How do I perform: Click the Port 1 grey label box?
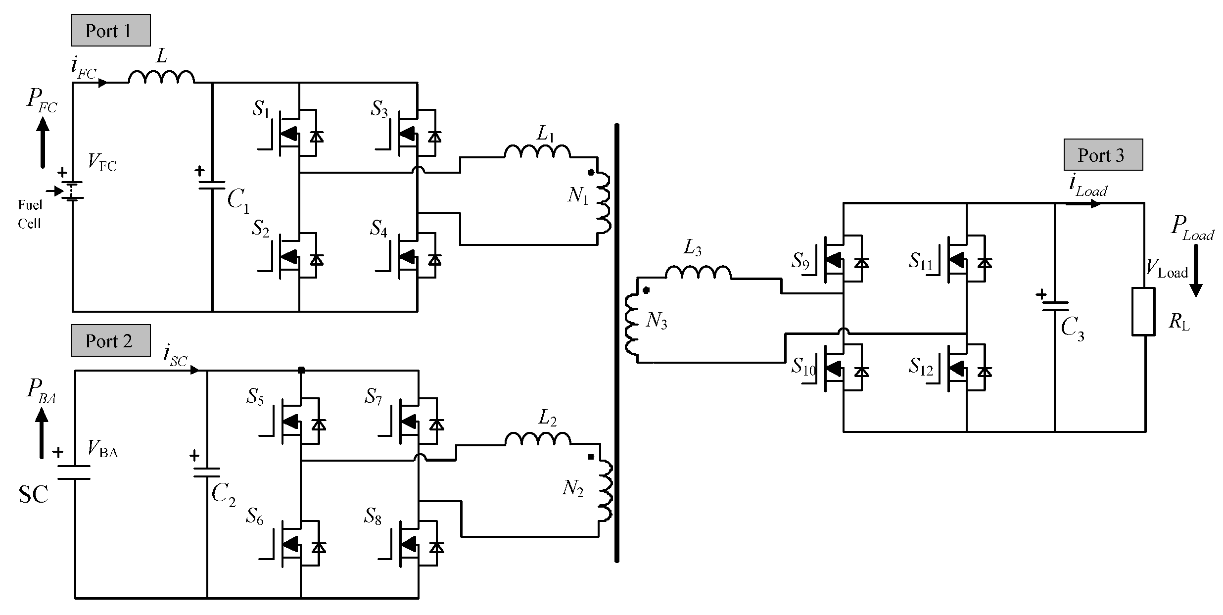(110, 30)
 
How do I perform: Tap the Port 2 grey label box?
(110, 340)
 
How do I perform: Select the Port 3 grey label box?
(1103, 155)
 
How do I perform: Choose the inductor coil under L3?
(698, 272)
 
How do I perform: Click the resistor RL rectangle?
(1143, 312)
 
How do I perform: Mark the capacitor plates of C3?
(1054, 307)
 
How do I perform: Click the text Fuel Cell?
(30, 214)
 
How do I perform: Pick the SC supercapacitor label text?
(33, 494)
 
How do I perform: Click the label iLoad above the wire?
(1087, 187)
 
